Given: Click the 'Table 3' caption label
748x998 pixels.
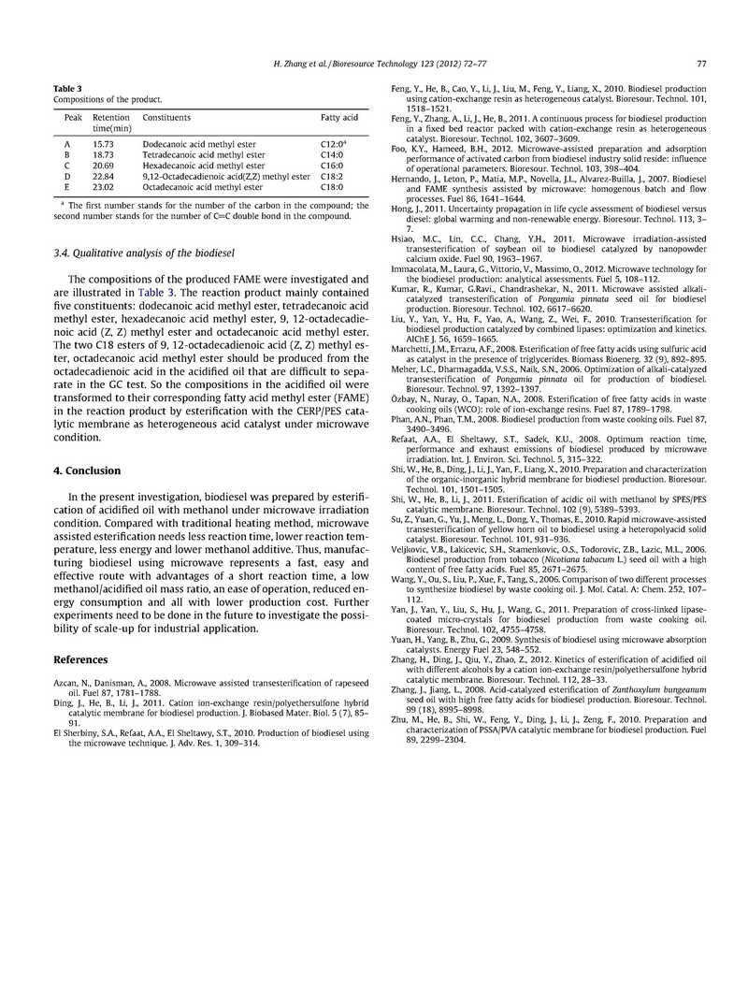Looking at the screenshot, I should (x=67, y=88).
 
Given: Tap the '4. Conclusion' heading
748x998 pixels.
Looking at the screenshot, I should (x=87, y=470).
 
